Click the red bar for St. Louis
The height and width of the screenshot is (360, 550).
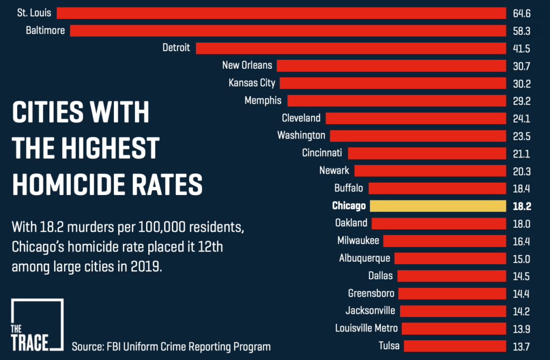point(281,13)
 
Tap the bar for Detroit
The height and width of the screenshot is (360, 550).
point(351,48)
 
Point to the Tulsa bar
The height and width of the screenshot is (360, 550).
point(455,345)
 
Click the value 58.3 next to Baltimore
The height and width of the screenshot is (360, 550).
point(522,31)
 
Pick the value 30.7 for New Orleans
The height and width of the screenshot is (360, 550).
point(522,66)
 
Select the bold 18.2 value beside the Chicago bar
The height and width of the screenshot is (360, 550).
point(522,206)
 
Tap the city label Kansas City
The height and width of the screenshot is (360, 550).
point(252,83)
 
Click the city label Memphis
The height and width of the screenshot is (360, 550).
point(263,100)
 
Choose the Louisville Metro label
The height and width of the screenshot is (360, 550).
point(366,328)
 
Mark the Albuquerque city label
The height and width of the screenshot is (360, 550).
point(365,258)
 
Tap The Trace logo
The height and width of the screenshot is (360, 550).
point(37,326)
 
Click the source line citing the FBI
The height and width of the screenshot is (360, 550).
point(171,347)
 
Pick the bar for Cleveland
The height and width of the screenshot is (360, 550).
point(416,118)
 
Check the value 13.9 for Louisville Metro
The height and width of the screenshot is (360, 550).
point(522,328)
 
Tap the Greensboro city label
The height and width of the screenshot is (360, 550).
point(371,293)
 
